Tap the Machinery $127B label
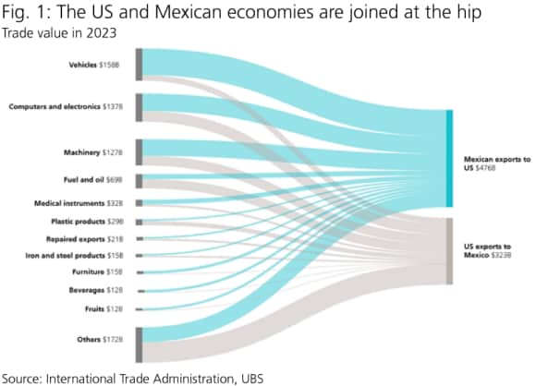[x=96, y=151]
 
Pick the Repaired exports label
[x=91, y=238]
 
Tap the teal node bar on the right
[x=449, y=158]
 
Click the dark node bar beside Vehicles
[x=139, y=65]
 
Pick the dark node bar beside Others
[x=139, y=344]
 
